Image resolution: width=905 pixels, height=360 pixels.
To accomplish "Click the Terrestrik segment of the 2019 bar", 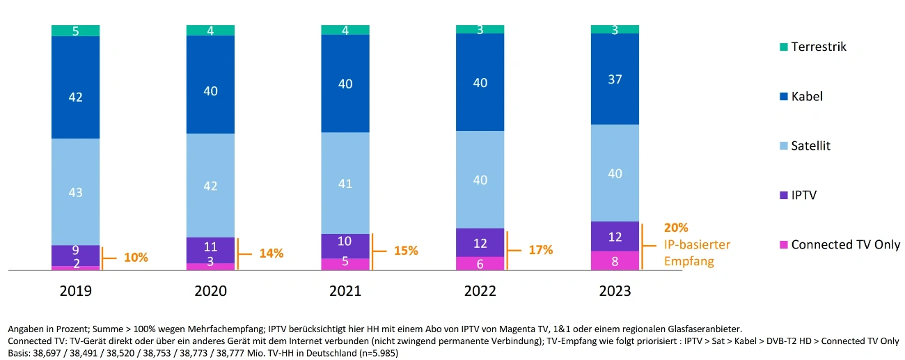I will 75,31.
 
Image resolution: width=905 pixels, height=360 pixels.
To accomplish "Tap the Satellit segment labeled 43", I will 75,191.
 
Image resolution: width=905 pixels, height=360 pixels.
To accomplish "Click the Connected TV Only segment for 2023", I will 615,260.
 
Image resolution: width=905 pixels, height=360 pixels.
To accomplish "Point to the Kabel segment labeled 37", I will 615,79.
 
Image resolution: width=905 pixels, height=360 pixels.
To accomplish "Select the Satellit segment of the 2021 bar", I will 345,183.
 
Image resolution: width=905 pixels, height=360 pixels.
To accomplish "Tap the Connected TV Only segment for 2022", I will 480,263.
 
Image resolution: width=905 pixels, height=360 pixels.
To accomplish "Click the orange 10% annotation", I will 136,258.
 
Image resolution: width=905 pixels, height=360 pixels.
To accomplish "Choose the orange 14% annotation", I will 271,253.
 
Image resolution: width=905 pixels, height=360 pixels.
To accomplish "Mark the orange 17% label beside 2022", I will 541,249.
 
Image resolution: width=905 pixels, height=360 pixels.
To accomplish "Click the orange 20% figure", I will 676,228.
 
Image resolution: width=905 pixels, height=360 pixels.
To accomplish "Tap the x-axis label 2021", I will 345,291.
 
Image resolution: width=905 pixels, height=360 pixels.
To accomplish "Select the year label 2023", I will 615,291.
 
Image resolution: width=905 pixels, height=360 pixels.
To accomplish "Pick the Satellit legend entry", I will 810,146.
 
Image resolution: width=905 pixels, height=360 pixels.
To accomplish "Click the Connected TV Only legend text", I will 845,244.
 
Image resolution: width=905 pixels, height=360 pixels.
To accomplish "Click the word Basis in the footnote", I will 19,352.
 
